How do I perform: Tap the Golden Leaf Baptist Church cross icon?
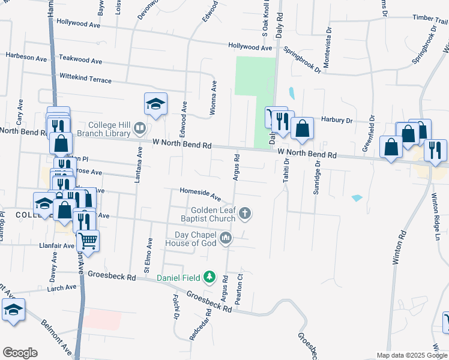pyautogui.click(x=245, y=213)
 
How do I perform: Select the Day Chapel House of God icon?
pyautogui.click(x=226, y=238)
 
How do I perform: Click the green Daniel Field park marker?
pyautogui.click(x=209, y=277)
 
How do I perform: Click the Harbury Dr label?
pyautogui.click(x=336, y=120)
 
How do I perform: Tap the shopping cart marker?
pyautogui.click(x=88, y=241)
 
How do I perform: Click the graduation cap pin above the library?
pyautogui.click(x=155, y=104)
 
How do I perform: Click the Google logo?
pyautogui.click(x=20, y=353)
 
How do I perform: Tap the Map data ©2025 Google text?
pyautogui.click(x=412, y=355)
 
